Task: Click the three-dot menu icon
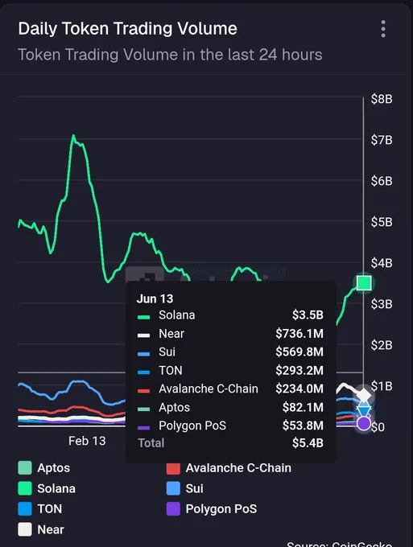pyautogui.click(x=383, y=29)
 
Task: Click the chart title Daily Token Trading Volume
pyautogui.click(x=127, y=29)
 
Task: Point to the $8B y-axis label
pyautogui.click(x=382, y=99)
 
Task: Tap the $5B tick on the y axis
pyautogui.click(x=382, y=222)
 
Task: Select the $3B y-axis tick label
pyautogui.click(x=382, y=304)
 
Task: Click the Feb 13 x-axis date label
pyautogui.click(x=87, y=441)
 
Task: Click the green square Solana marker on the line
pyautogui.click(x=364, y=283)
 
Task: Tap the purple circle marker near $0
pyautogui.click(x=364, y=423)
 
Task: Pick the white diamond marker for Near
pyautogui.click(x=364, y=395)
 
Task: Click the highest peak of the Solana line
pyautogui.click(x=73, y=135)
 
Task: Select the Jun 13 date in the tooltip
pyautogui.click(x=155, y=298)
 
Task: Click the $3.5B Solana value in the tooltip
pyautogui.click(x=308, y=315)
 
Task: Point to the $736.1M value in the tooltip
pyautogui.click(x=299, y=334)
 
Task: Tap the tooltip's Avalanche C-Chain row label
pyautogui.click(x=209, y=389)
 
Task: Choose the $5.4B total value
pyautogui.click(x=308, y=443)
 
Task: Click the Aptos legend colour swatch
pyautogui.click(x=25, y=468)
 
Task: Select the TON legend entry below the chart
pyautogui.click(x=40, y=509)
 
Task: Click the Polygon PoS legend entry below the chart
pyautogui.click(x=212, y=509)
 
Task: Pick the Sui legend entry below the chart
pyautogui.click(x=185, y=488)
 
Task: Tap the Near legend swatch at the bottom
pyautogui.click(x=25, y=529)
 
